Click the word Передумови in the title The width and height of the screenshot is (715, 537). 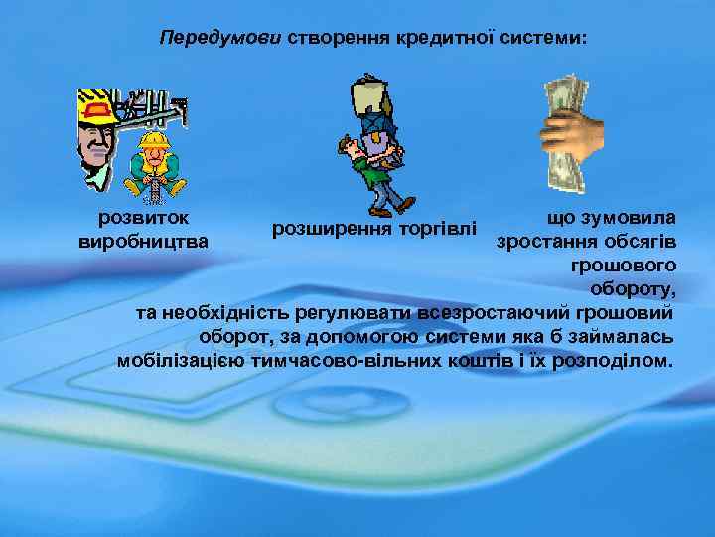coord(220,38)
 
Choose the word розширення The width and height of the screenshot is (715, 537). coord(332,230)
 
